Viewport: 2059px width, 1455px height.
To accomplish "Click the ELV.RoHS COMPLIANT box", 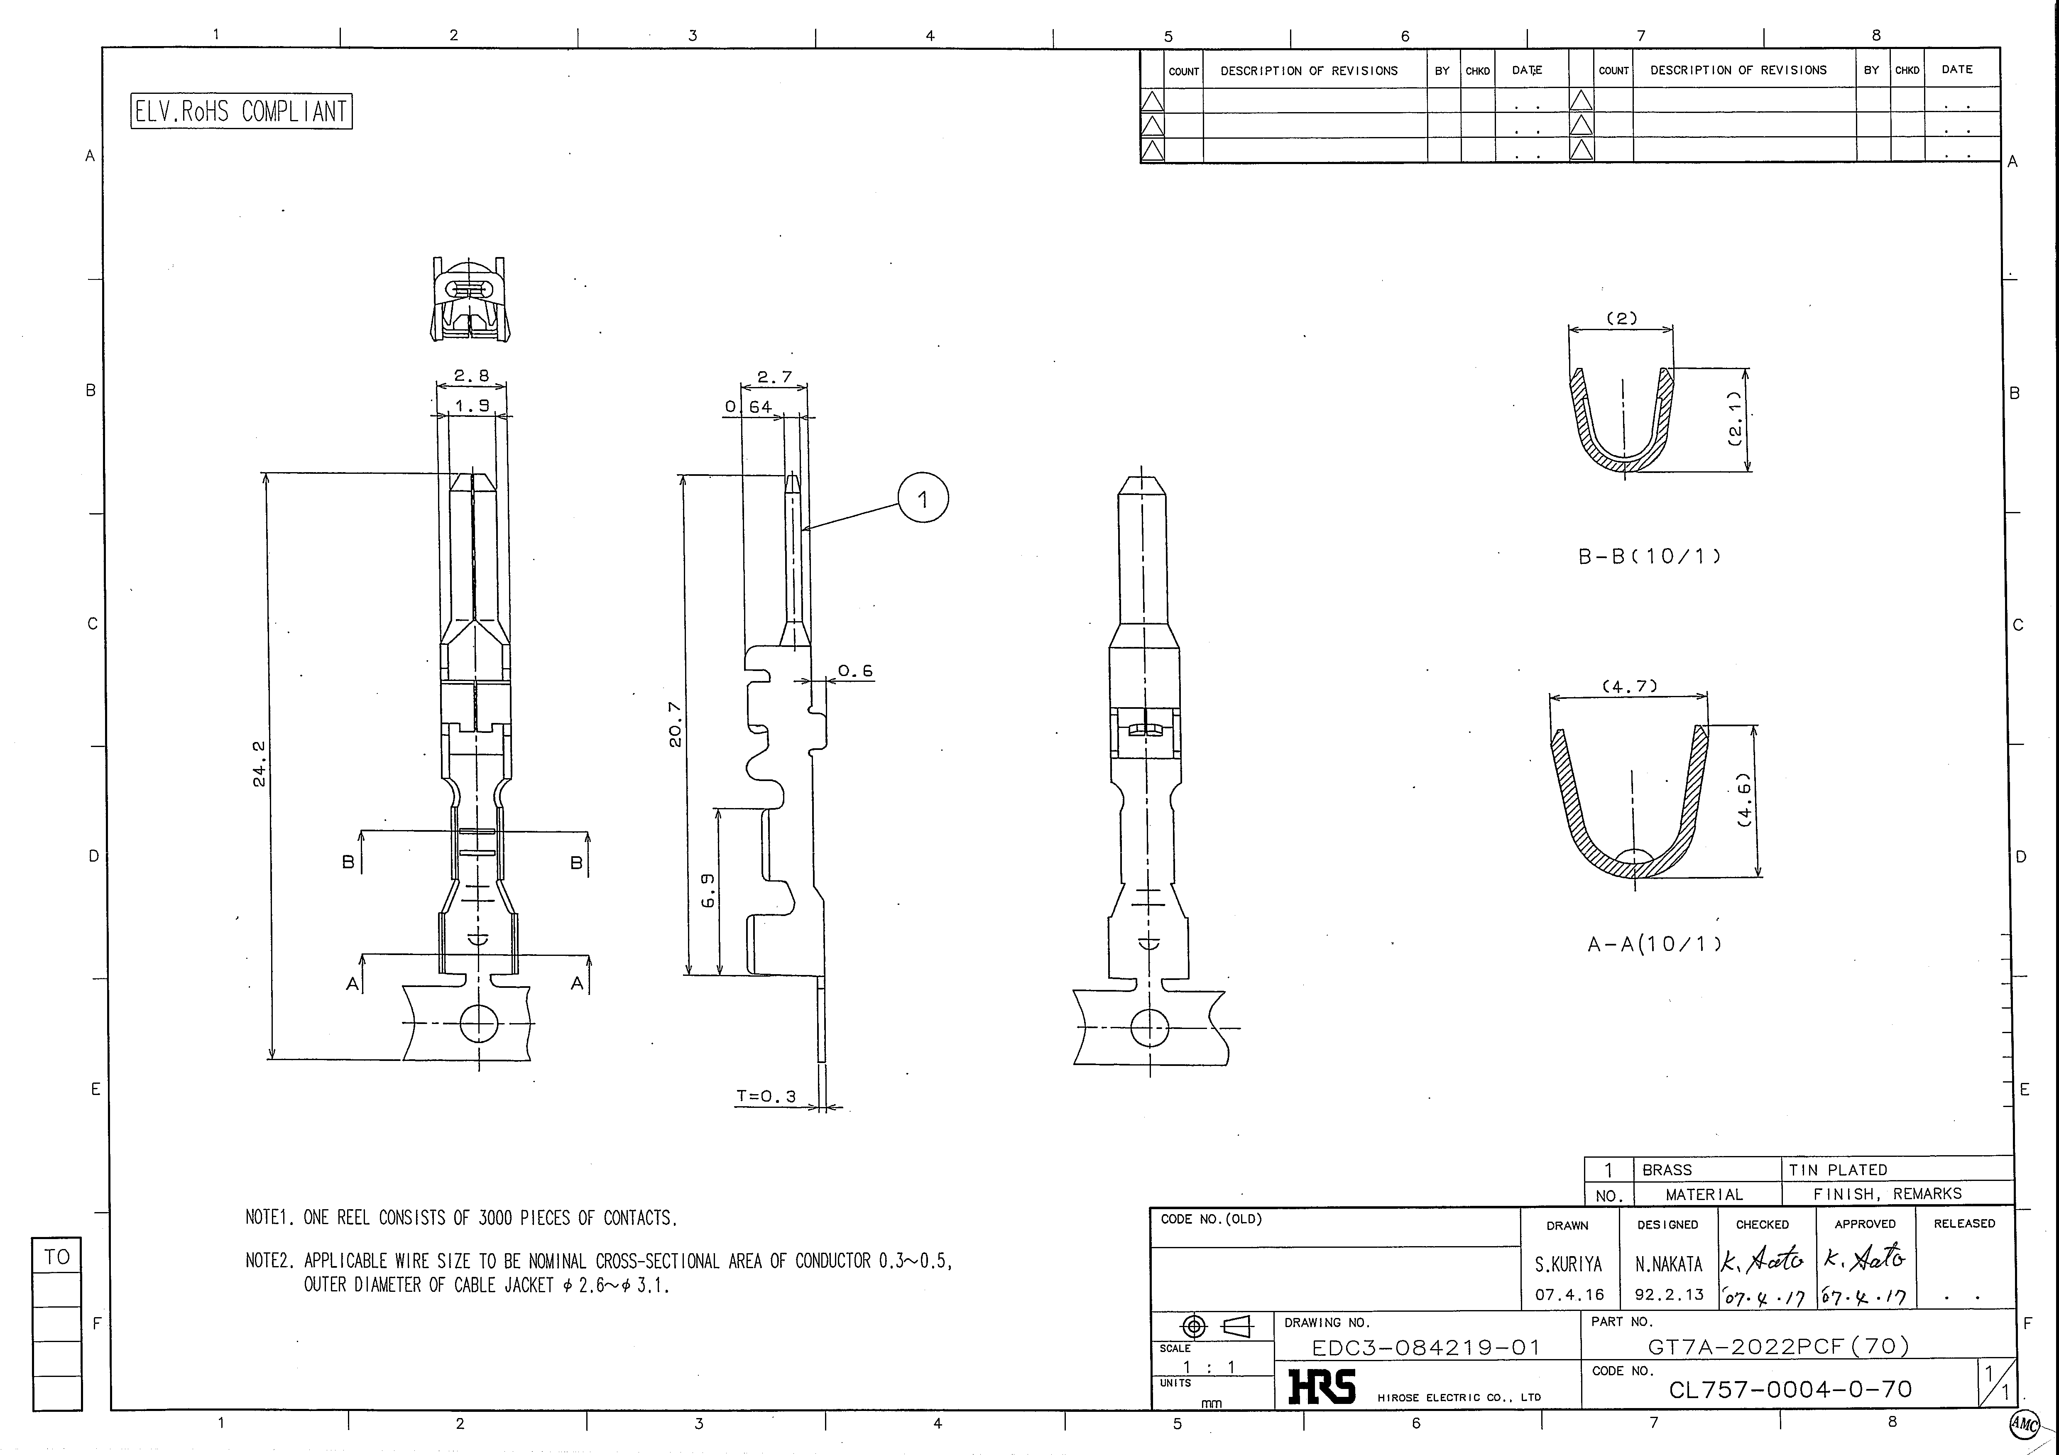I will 241,111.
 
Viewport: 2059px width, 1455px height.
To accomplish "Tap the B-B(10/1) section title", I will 1649,556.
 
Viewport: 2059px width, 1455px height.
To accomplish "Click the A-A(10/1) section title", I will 1655,944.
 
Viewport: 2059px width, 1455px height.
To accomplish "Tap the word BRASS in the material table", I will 1667,1170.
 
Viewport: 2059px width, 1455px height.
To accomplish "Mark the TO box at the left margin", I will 56,1257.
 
